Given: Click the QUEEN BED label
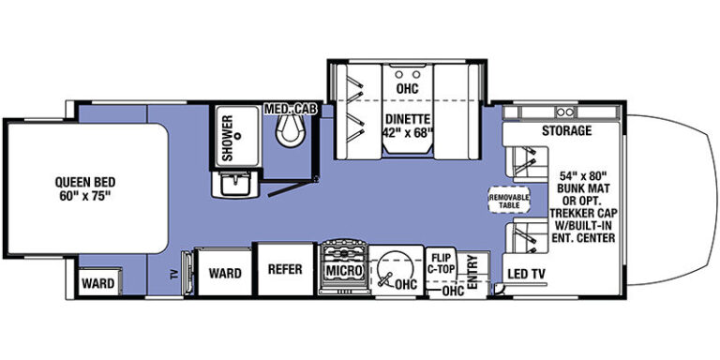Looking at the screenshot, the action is [x=85, y=182].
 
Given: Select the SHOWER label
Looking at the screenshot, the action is [x=227, y=138].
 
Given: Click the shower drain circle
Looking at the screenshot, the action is [x=238, y=136].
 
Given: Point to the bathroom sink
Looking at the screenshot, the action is [x=235, y=185].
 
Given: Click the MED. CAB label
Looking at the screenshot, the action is [x=292, y=110].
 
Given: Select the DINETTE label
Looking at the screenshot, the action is [x=408, y=119].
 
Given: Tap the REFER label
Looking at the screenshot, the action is [x=285, y=269].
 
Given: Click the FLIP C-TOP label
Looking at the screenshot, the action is [x=442, y=264].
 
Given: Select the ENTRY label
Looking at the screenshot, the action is [x=472, y=272].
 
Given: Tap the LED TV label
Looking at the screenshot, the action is [x=526, y=274].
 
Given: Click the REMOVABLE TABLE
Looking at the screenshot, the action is [x=509, y=201].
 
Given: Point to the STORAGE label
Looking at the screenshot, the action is [x=566, y=131].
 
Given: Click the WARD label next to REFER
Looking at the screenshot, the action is [x=225, y=273].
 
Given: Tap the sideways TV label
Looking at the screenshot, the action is [x=173, y=275].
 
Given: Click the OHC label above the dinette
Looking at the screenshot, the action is [x=408, y=88].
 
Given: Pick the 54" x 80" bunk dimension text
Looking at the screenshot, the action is [x=584, y=176].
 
